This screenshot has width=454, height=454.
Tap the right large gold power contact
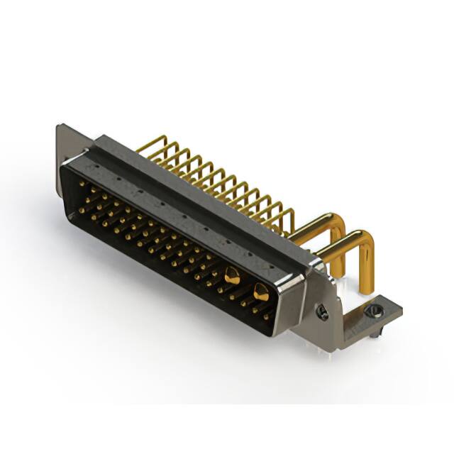click(x=260, y=291)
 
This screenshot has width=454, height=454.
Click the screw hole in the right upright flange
click(x=323, y=311)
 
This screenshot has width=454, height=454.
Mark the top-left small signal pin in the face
click(x=80, y=184)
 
